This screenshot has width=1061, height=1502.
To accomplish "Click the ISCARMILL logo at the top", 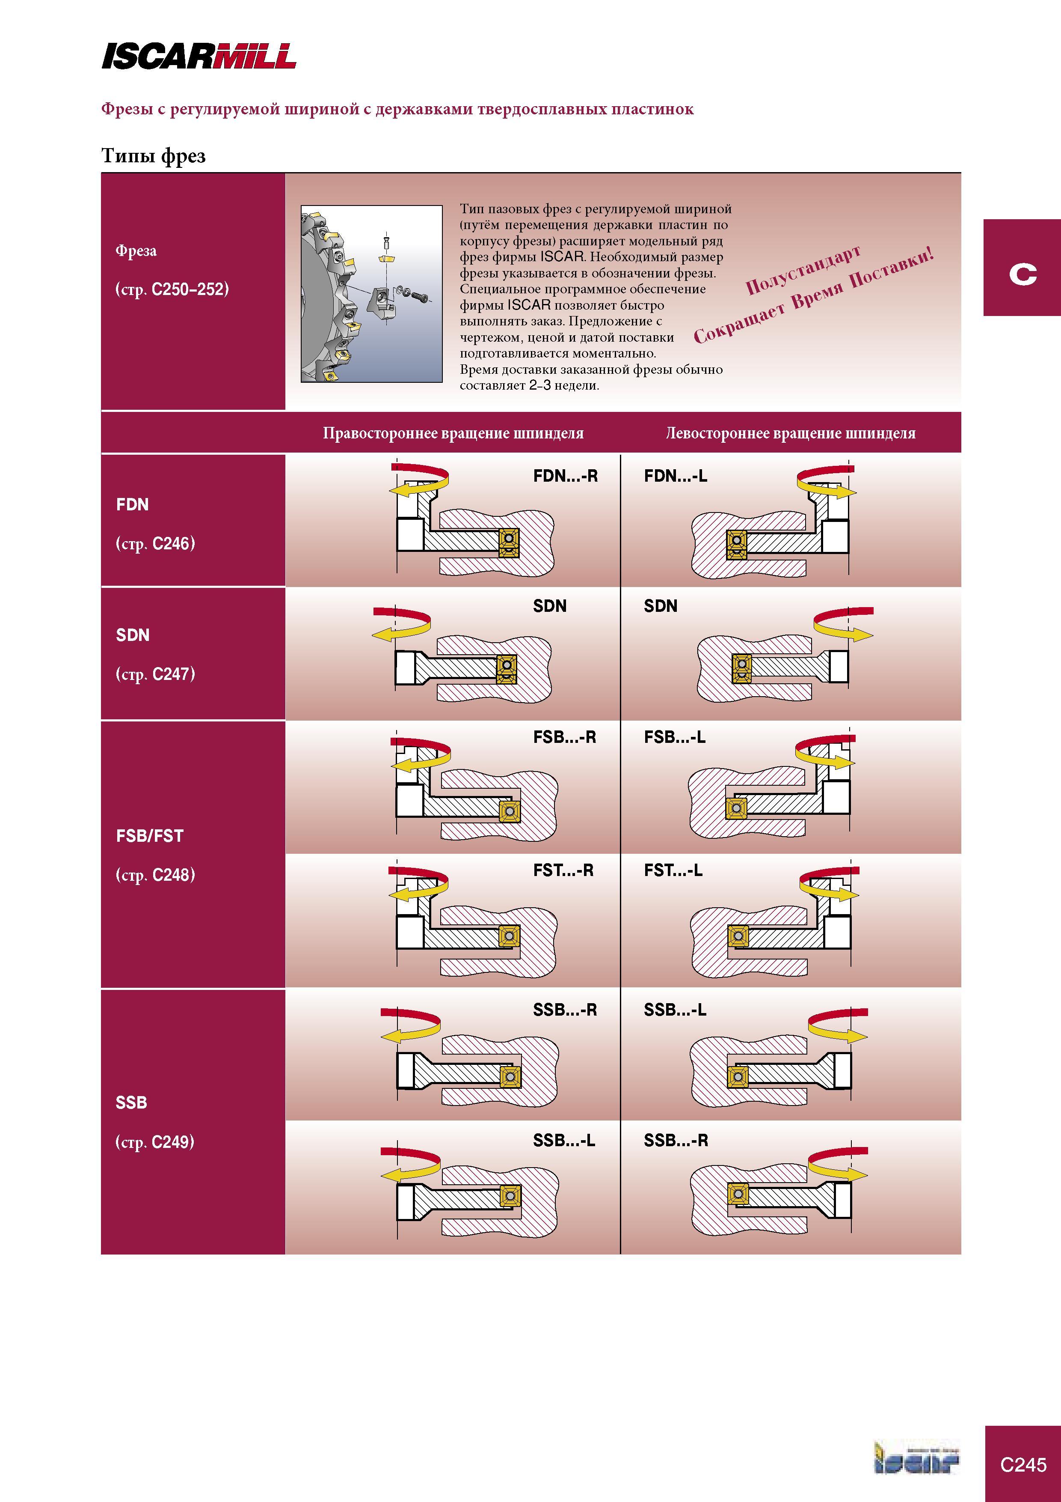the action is coord(199,56).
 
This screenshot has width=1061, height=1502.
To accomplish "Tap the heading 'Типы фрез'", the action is coord(154,156).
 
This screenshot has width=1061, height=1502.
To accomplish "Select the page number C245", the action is coord(1023,1464).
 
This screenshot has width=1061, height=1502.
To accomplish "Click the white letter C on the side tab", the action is coord(1022,274).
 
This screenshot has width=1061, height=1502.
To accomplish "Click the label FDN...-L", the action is coord(675,476).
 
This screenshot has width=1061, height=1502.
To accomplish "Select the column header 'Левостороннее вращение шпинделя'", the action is coord(790,433).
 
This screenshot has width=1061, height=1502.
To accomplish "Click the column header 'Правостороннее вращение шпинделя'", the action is coord(453,433).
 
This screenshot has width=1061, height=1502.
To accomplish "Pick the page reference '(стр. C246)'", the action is coord(155,544).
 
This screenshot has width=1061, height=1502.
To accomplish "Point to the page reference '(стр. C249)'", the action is coord(155,1142).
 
